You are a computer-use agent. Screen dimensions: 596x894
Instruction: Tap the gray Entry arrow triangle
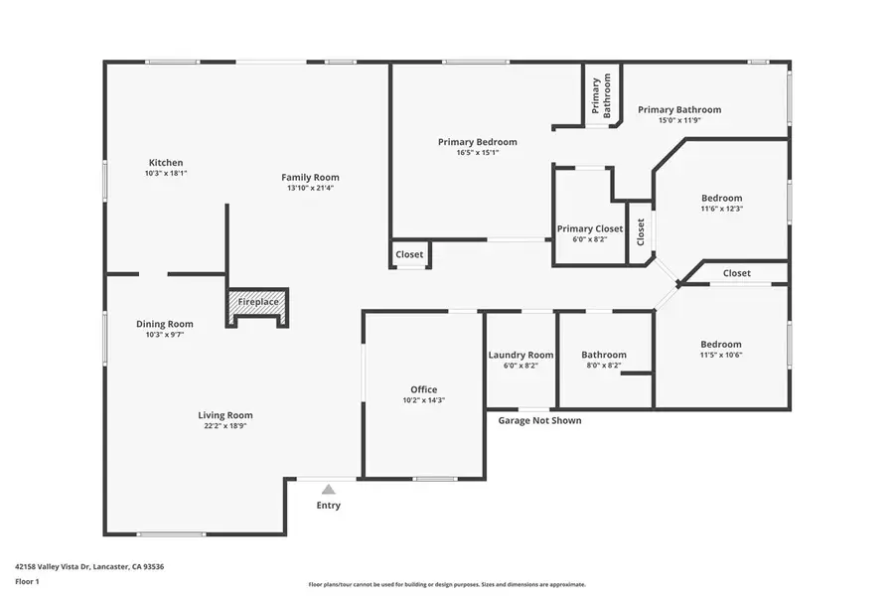(328, 489)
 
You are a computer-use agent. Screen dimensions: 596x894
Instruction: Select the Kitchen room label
(166, 163)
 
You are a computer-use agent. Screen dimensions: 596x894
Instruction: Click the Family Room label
(310, 178)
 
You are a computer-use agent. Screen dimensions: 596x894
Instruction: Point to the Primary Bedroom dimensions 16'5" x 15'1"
(477, 153)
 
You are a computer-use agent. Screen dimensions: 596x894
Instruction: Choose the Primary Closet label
(590, 229)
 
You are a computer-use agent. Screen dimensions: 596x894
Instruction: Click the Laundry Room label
(521, 355)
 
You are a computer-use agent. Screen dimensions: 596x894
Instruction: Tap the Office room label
(424, 389)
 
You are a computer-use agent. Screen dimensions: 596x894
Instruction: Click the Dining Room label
(165, 324)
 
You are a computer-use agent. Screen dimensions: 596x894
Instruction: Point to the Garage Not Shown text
(539, 420)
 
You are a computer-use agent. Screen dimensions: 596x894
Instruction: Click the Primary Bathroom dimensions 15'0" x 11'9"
(679, 120)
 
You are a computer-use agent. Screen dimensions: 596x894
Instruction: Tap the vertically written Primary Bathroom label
(601, 97)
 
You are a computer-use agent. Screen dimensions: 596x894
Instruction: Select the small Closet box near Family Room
(409, 255)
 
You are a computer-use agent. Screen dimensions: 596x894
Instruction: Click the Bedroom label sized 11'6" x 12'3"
(721, 198)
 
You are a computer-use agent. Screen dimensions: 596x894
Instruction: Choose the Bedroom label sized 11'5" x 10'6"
(720, 345)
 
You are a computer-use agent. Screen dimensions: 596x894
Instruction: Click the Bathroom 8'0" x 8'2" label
(604, 355)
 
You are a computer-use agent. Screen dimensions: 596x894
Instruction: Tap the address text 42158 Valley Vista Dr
(89, 566)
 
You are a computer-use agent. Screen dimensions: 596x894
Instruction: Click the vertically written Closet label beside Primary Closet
(641, 231)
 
